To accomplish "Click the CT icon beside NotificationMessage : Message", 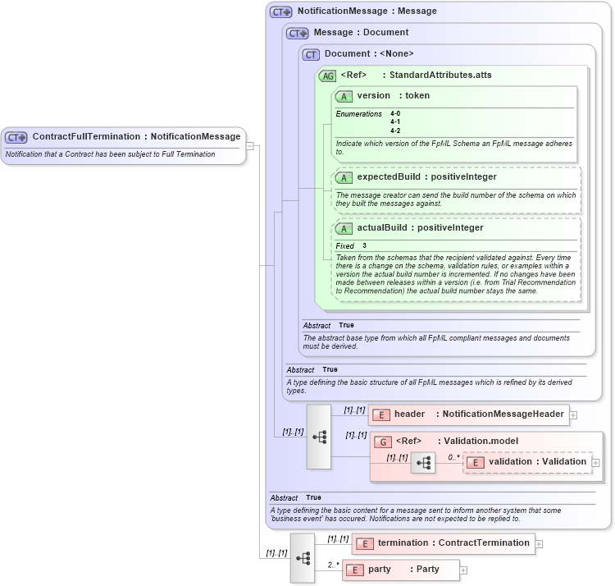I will [281, 11].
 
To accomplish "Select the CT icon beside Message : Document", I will [297, 33].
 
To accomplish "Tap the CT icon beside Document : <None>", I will [311, 54].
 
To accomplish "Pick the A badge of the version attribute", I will [344, 96].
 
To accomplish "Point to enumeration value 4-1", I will [395, 121].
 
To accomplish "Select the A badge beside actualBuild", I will [344, 228].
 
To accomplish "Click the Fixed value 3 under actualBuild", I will [364, 245].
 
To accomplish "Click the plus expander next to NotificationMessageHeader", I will [573, 415].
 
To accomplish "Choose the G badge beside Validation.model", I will [382, 441].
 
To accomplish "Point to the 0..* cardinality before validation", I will [453, 457].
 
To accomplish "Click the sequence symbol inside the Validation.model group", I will [423, 464].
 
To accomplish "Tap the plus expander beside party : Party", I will [463, 570].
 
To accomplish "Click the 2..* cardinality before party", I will [333, 565].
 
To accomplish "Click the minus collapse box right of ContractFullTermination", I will [250, 146].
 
